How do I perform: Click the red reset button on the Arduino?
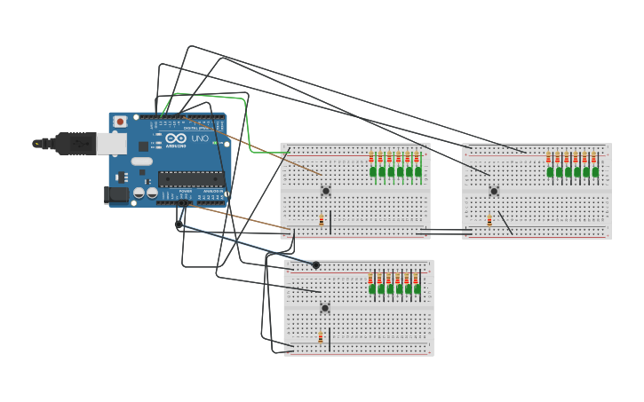pos(120,122)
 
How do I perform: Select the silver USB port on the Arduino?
pos(110,143)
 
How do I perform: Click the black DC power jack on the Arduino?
pos(115,194)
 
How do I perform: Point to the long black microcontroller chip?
pos(190,179)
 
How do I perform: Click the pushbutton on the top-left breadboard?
pos(326,190)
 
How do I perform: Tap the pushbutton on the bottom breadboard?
pos(325,308)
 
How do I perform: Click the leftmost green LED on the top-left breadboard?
pos(373,172)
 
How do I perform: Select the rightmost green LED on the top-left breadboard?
pos(417,172)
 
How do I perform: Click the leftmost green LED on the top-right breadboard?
pos(550,172)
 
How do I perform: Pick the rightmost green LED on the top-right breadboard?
pos(594,172)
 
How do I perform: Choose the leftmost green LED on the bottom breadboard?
pos(372,288)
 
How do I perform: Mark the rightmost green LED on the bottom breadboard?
pos(417,288)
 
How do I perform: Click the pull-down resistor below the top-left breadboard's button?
pos(322,221)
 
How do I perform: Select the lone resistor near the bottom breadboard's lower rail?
pos(321,337)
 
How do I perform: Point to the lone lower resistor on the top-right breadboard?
pos(489,220)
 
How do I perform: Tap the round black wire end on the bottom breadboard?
pos(315,264)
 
